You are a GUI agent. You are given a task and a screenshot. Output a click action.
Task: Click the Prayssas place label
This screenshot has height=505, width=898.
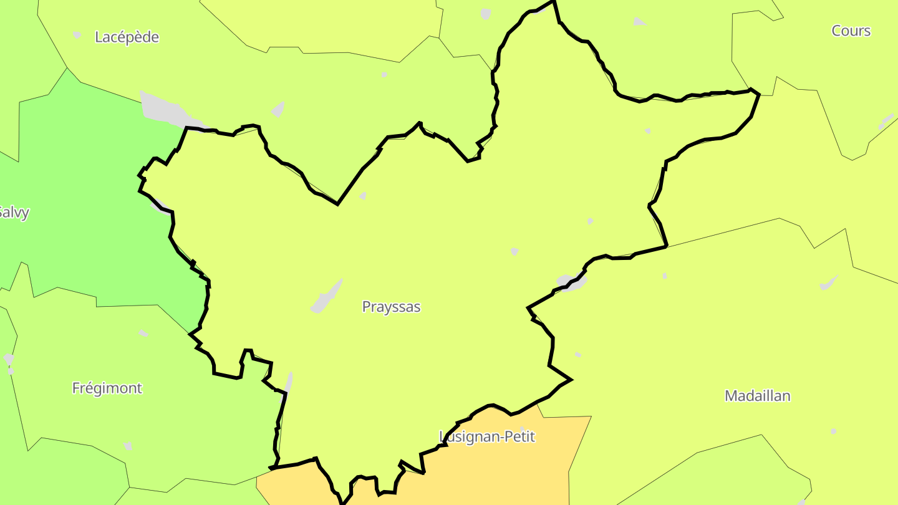coord(391,307)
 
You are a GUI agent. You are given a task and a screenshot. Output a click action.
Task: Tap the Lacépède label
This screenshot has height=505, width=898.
coord(127,37)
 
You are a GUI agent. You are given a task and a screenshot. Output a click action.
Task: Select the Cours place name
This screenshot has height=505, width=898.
coord(851,31)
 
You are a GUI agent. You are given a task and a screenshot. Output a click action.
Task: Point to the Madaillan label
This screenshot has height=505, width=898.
coord(757,395)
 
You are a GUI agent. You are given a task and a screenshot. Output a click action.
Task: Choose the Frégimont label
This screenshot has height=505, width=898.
coord(107,388)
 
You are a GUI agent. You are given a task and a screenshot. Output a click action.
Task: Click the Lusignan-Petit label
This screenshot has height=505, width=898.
coord(487,436)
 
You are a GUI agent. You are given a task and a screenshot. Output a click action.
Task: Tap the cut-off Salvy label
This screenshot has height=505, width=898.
coord(14,213)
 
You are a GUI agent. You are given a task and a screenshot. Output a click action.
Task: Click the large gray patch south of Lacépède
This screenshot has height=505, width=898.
coord(163,110)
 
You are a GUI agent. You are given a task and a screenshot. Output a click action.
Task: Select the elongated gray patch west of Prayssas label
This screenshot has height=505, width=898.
coord(326,297)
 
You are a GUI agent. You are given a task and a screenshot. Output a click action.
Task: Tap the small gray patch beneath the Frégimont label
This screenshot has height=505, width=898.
coord(128,445)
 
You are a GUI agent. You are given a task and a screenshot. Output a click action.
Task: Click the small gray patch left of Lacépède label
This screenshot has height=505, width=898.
coord(77,35)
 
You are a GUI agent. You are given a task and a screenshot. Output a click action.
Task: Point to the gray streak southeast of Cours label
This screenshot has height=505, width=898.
coord(886,121)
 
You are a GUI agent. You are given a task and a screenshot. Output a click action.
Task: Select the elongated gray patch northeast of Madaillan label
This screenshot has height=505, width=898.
coord(828,283)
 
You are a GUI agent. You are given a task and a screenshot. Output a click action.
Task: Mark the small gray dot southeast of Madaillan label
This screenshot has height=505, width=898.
coord(833,431)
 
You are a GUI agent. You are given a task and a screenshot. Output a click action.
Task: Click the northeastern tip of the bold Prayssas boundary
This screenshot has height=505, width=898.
coord(758,94)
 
